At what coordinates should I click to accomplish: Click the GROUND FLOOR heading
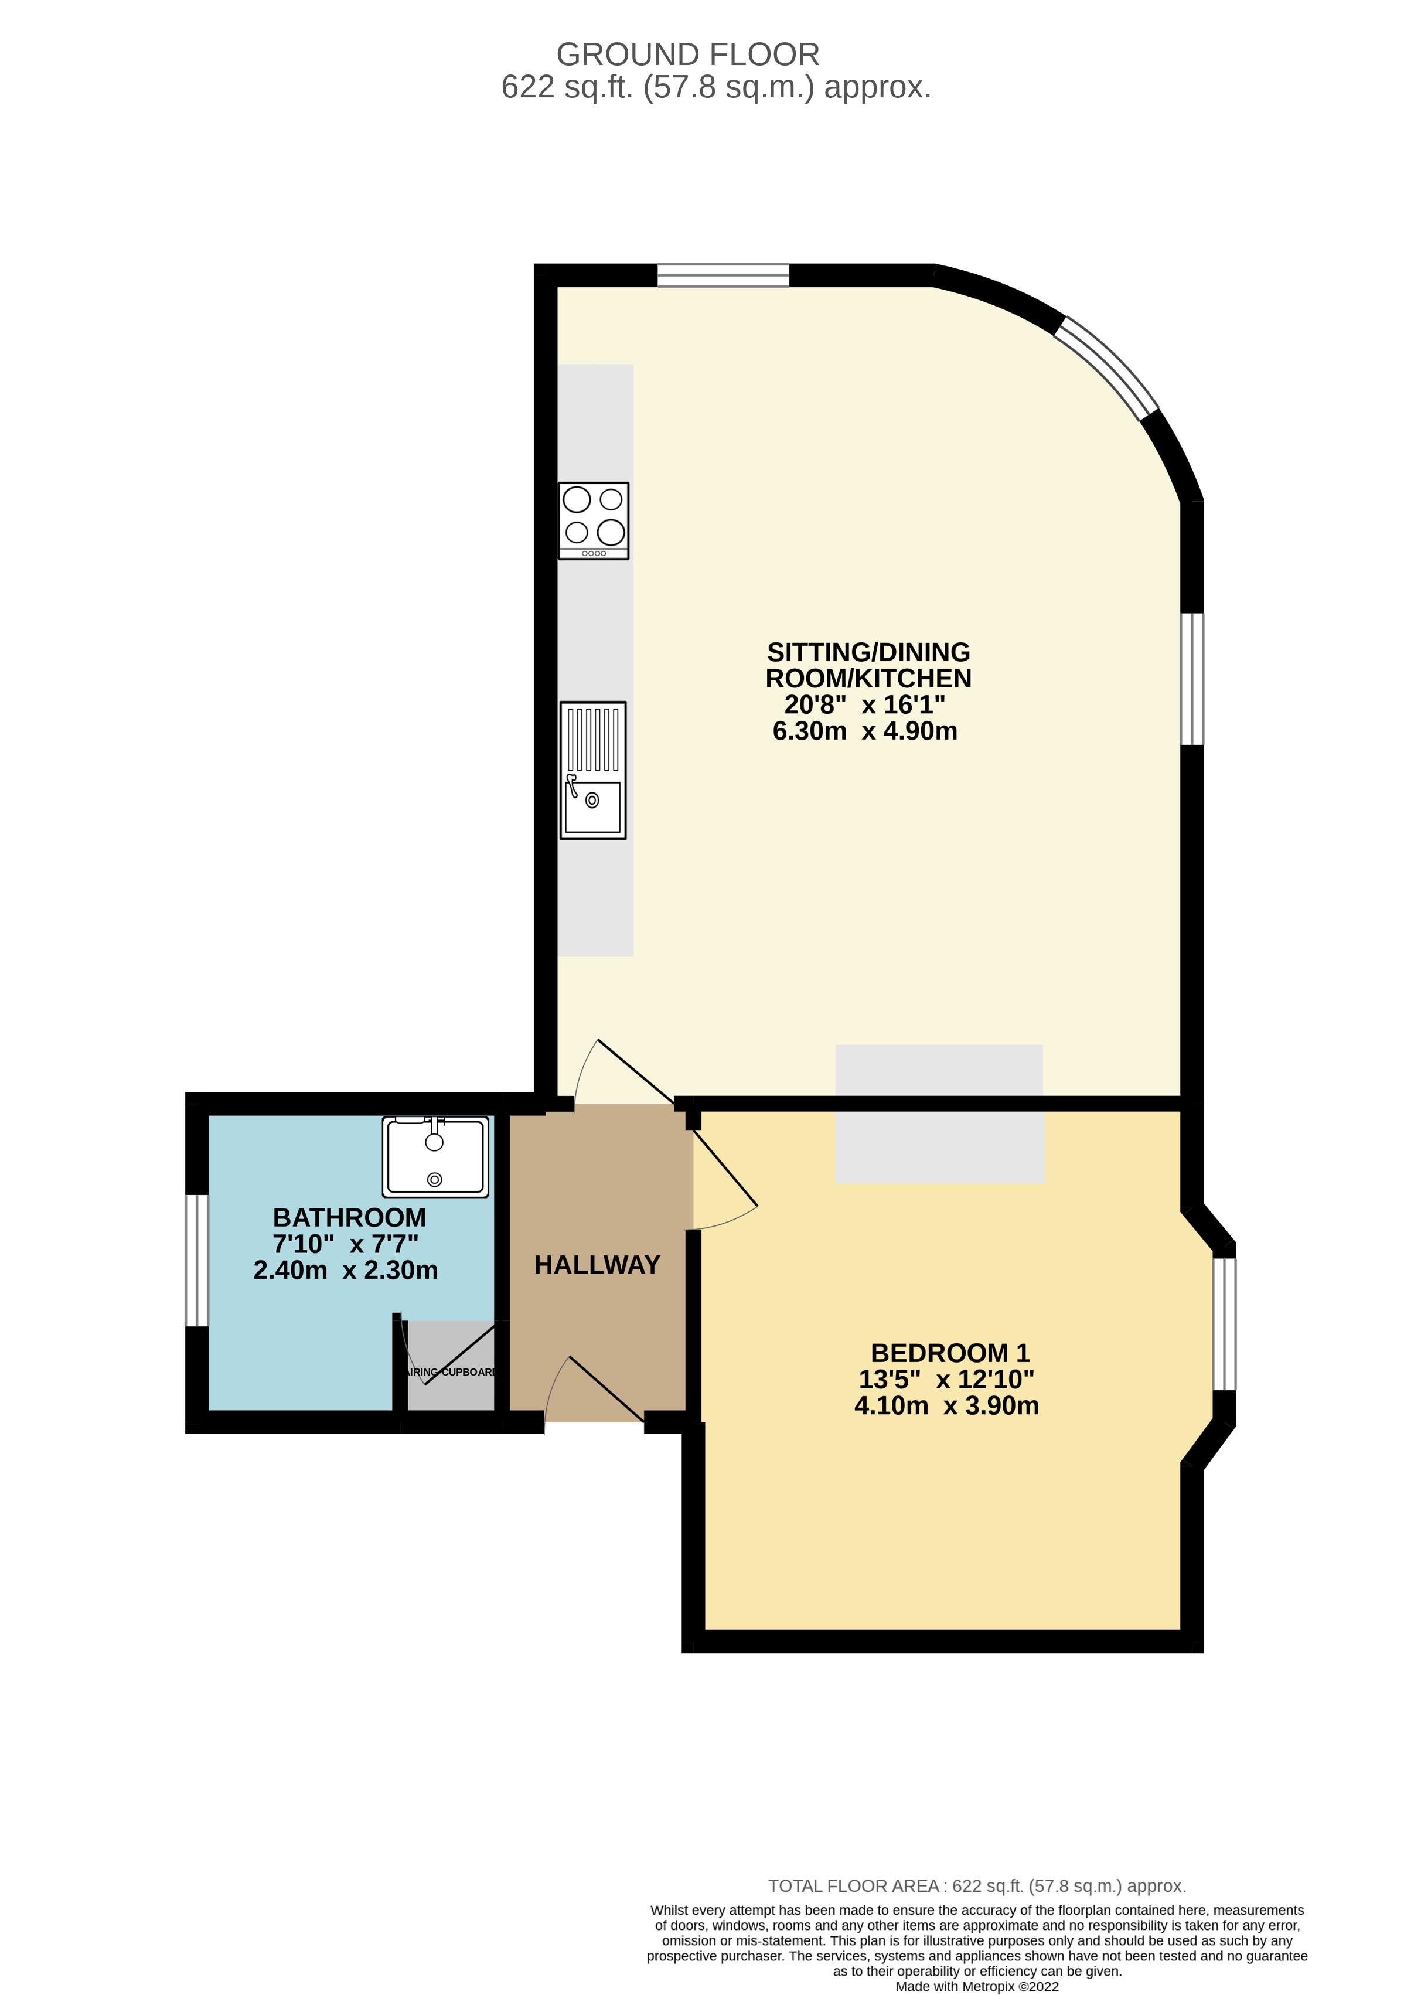[688, 55]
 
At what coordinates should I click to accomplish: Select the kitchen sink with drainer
[592, 770]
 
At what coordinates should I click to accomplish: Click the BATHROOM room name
[349, 1217]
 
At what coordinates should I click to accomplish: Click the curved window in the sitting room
[1107, 367]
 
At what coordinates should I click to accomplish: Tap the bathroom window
[197, 1260]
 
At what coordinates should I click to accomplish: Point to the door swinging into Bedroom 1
[724, 1168]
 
